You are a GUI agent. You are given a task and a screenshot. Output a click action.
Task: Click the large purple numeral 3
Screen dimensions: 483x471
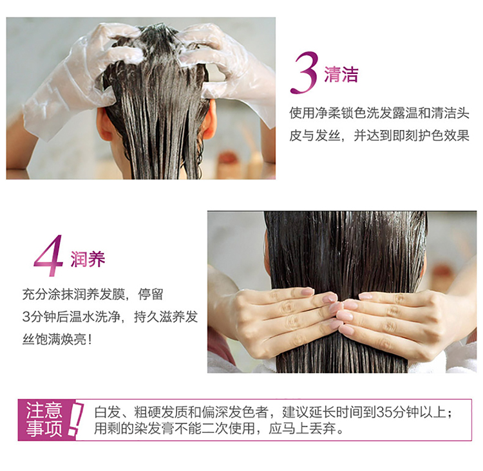click(x=304, y=73)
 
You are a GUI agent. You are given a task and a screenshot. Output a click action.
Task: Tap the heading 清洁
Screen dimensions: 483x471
click(x=341, y=74)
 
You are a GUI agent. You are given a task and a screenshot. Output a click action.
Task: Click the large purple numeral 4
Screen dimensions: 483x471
click(x=49, y=255)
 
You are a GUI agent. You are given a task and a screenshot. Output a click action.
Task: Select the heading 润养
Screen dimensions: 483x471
click(x=88, y=259)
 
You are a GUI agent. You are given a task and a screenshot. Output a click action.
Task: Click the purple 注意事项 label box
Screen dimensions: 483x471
click(x=47, y=420)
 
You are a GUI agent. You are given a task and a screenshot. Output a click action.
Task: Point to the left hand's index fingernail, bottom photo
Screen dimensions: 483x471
click(x=307, y=291)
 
